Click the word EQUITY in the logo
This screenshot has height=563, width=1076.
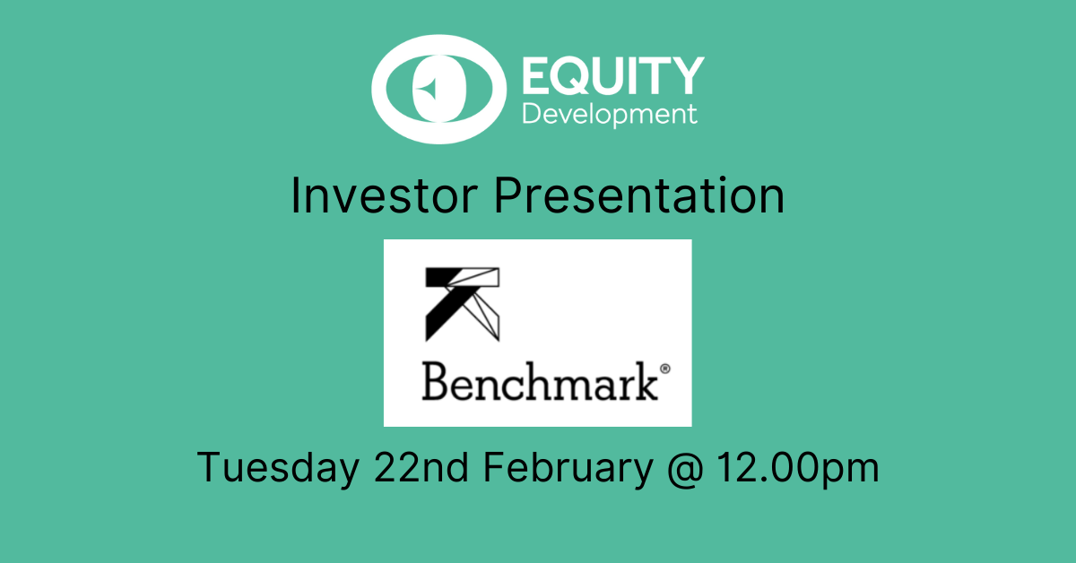613,75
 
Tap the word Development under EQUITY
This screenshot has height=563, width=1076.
610,115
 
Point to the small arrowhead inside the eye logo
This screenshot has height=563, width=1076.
427,89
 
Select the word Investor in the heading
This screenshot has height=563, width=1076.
385,195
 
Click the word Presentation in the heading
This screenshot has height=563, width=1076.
639,195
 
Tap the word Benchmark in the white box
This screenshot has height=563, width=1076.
540,381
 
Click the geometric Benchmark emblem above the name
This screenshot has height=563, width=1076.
463,304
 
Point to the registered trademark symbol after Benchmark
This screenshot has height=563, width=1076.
665,369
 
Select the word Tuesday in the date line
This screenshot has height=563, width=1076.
279,467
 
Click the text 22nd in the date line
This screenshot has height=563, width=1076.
421,466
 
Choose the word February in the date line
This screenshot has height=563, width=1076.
568,467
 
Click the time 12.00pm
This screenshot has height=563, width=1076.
798,468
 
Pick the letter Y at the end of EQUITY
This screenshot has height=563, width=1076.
686,75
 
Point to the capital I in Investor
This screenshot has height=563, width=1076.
294,195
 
